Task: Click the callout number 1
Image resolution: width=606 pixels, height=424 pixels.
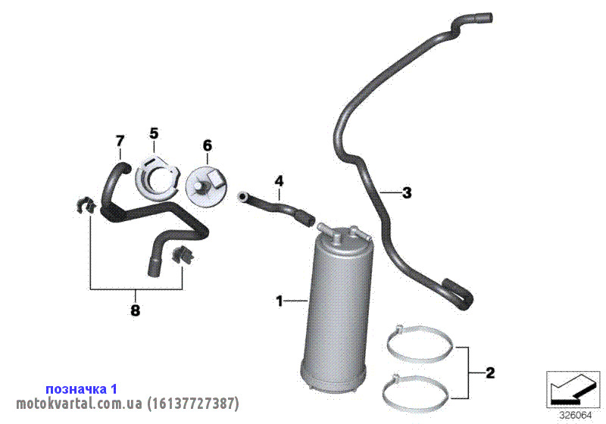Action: coord(280,301)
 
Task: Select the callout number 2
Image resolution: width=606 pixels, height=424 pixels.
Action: coord(489,373)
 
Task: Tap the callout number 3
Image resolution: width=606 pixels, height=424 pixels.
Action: coord(407,192)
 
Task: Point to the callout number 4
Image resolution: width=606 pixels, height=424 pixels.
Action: coord(279,181)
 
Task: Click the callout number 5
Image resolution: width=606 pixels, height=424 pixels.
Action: coord(154,133)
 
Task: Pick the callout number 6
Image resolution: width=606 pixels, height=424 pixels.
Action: coord(207,145)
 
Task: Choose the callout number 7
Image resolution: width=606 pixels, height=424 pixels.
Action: coord(120,141)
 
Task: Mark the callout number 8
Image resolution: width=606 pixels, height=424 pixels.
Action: coord(135,310)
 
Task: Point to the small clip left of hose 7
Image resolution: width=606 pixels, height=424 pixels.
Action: coord(86,205)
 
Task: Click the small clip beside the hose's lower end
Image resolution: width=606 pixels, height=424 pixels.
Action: coord(182,254)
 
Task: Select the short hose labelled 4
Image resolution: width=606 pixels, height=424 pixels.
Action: coord(276,207)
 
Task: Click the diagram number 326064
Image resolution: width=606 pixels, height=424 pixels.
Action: coord(576,416)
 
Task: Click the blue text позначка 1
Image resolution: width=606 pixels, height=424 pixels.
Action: coord(81,389)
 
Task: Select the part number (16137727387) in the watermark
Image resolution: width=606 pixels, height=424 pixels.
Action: coord(193,404)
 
